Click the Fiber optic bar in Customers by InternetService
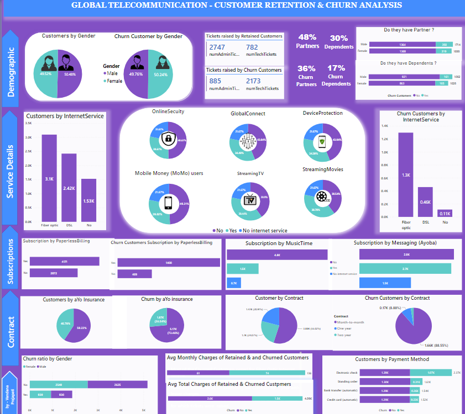click(49, 177)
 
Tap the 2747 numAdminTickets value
click(217, 48)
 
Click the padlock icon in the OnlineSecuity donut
click(166, 139)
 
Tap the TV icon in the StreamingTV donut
click(250, 200)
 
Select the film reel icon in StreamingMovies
click(321, 197)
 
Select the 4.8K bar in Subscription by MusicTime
click(277, 256)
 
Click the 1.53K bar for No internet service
click(88, 199)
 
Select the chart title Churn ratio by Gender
click(47, 359)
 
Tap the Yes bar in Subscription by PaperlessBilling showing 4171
click(64, 261)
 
